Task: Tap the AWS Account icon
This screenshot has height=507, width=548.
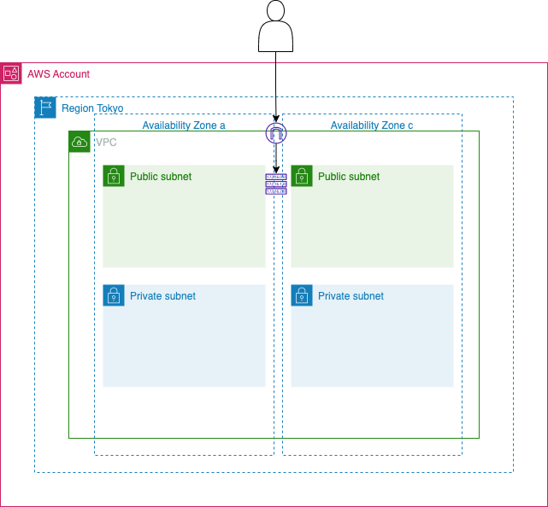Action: click(x=11, y=73)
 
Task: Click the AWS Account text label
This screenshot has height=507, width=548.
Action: click(x=58, y=74)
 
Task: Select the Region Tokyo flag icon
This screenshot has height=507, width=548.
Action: click(x=45, y=108)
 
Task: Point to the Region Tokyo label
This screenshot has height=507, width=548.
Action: click(x=92, y=108)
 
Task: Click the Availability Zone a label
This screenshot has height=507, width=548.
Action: click(x=184, y=125)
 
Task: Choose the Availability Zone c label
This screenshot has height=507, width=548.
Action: click(x=372, y=125)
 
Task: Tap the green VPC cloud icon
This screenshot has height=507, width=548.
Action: click(x=80, y=142)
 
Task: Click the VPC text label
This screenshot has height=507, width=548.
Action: click(x=106, y=143)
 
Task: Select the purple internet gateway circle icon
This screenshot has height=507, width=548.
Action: click(x=275, y=132)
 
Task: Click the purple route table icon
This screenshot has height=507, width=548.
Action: click(x=275, y=184)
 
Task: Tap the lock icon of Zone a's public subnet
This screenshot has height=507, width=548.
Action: click(x=114, y=176)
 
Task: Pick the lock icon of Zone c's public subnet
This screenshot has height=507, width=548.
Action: click(x=302, y=176)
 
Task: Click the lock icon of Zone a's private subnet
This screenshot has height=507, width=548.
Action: click(x=114, y=295)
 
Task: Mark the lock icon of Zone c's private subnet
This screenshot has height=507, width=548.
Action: click(x=302, y=295)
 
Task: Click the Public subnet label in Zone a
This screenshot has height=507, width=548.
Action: click(x=161, y=177)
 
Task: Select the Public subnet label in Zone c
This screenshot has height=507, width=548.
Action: click(x=349, y=177)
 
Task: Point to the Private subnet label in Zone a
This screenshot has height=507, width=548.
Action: click(x=162, y=296)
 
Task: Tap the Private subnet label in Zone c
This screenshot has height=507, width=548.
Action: click(x=351, y=296)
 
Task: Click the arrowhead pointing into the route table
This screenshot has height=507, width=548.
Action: click(x=275, y=170)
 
